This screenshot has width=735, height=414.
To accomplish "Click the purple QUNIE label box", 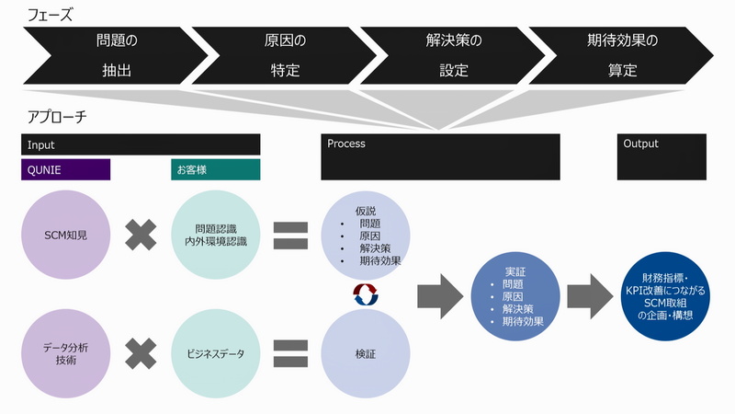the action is click(65, 169).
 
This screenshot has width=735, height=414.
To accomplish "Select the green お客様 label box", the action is click(216, 169).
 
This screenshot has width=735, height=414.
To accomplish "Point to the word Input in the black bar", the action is click(40, 145).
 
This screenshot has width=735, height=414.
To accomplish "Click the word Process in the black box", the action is click(346, 144).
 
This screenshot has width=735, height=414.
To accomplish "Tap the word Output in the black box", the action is click(640, 144).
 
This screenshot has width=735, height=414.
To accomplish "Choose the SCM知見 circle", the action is click(65, 235).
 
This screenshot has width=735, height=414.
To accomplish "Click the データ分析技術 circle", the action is click(65, 353).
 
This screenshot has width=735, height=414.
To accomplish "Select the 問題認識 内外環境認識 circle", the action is click(216, 235).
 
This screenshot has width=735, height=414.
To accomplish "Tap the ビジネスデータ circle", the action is click(216, 353).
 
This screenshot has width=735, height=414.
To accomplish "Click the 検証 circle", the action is click(366, 353).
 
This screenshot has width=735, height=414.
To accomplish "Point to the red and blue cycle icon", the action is click(366, 294).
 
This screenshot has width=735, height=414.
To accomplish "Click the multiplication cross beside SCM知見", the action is click(141, 235).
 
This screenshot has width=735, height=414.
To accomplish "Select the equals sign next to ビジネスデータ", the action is click(290, 353).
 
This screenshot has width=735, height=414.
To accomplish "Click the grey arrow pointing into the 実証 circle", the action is click(440, 296).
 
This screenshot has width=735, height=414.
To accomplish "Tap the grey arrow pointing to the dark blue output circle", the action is click(590, 296).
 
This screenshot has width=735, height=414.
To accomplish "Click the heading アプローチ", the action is click(57, 117).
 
